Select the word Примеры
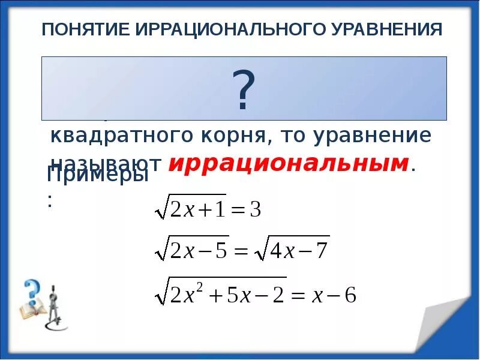[x=97, y=175]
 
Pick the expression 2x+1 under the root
[x=198, y=209]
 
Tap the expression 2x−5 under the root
[x=199, y=250]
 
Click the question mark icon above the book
[x=31, y=293]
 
